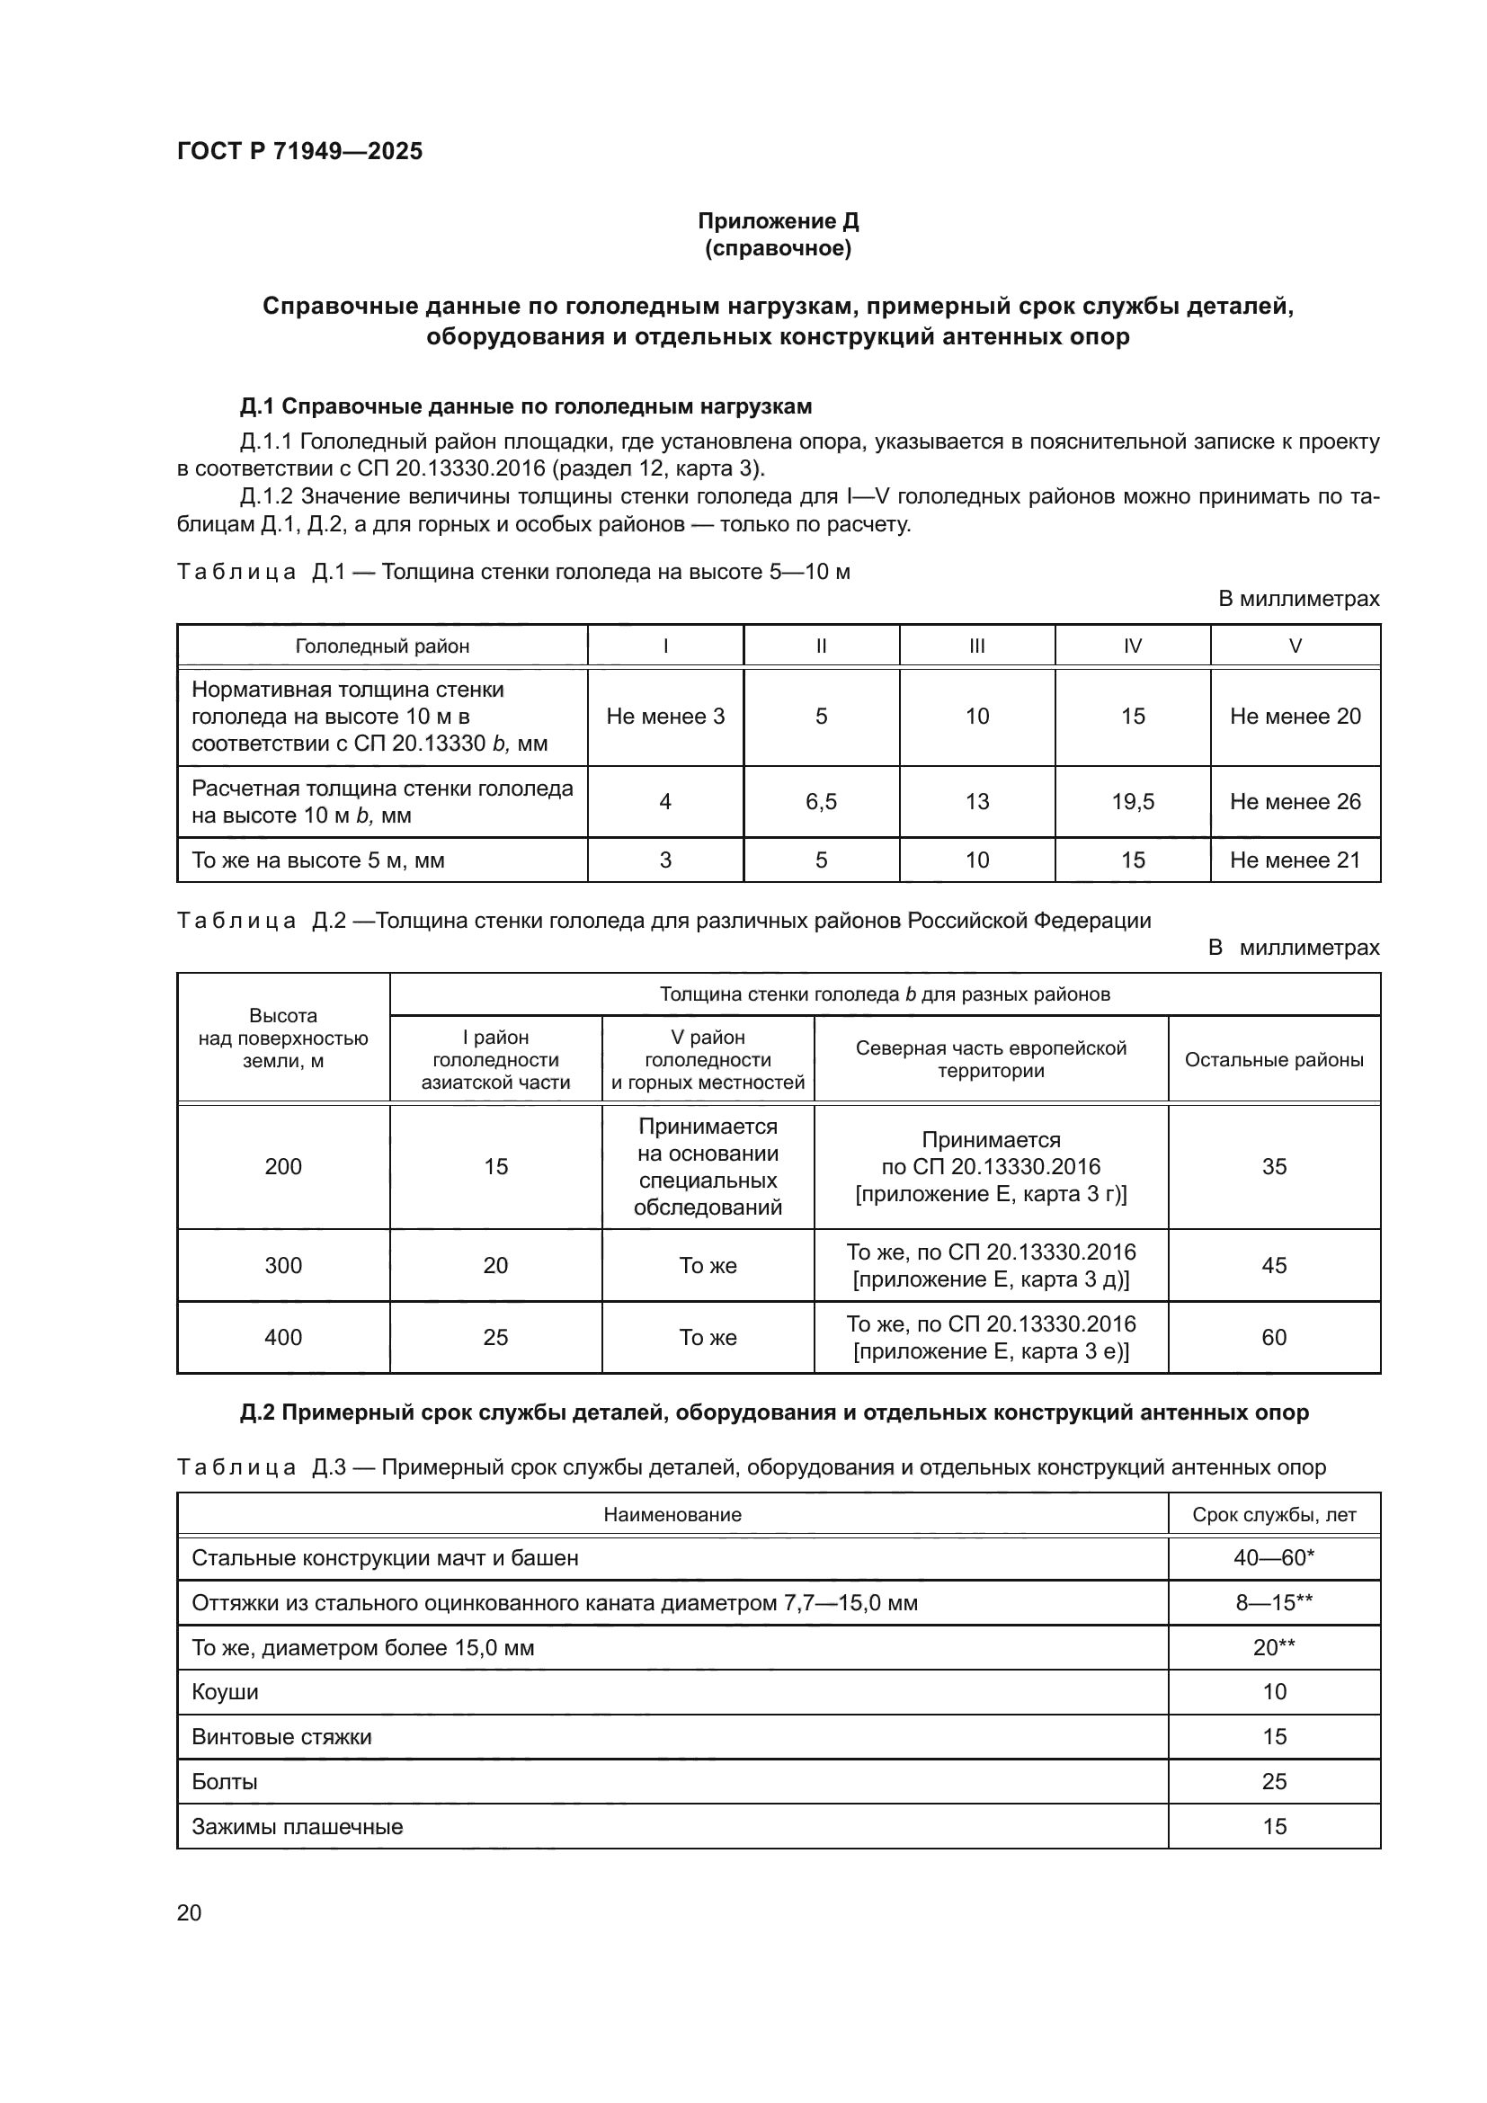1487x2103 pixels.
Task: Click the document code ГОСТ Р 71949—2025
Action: [x=299, y=152]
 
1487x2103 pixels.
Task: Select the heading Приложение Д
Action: [x=778, y=221]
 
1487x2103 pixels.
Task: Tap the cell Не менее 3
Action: [x=664, y=717]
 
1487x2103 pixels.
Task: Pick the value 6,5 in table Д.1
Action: [x=821, y=801]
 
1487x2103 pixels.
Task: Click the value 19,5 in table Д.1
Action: [x=1132, y=801]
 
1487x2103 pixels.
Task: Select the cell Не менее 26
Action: [x=1295, y=801]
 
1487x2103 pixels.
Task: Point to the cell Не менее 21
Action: [x=1295, y=860]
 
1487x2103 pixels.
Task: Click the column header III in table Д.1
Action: [x=976, y=646]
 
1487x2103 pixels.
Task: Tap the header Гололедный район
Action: [x=382, y=646]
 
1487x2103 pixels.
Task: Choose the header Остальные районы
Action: [x=1274, y=1060]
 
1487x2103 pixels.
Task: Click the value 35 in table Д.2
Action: [x=1274, y=1166]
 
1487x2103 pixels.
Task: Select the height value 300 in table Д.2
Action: [x=283, y=1265]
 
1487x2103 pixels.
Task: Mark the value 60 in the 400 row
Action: [x=1274, y=1337]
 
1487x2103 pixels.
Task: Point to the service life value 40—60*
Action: [x=1274, y=1558]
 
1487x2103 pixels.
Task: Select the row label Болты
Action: [x=225, y=1781]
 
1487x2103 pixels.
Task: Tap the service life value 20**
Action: [x=1274, y=1647]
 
